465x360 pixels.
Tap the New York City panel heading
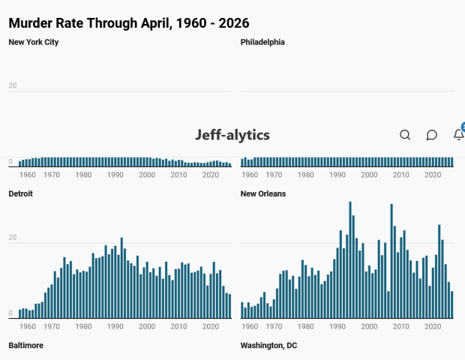[34, 42]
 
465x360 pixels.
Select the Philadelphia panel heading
[262, 42]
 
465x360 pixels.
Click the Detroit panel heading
[20, 193]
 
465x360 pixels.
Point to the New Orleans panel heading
[263, 193]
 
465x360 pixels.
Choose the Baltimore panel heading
[25, 346]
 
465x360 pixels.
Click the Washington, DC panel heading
[268, 346]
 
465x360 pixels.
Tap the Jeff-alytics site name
[232, 135]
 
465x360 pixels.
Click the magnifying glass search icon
[405, 135]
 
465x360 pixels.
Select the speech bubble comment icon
[432, 135]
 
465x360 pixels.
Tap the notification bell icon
[459, 134]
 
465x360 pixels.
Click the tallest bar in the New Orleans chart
[350, 259]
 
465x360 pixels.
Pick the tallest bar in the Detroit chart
[121, 277]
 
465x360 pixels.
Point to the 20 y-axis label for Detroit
[13, 237]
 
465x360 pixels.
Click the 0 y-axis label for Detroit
[10, 313]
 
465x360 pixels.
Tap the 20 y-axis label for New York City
[13, 85]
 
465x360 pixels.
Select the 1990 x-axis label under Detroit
[115, 326]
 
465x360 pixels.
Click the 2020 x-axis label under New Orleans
[433, 326]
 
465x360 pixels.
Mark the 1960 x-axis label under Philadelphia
[250, 175]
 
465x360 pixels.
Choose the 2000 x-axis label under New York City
[147, 175]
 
